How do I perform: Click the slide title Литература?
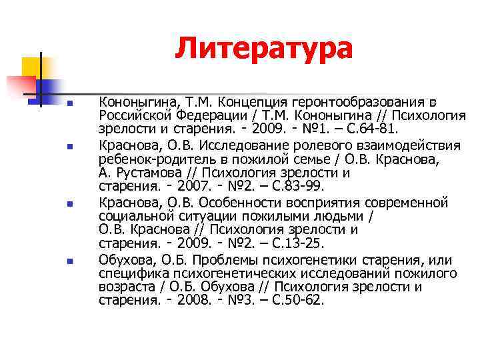[x=263, y=49]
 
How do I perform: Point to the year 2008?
[x=193, y=300]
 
